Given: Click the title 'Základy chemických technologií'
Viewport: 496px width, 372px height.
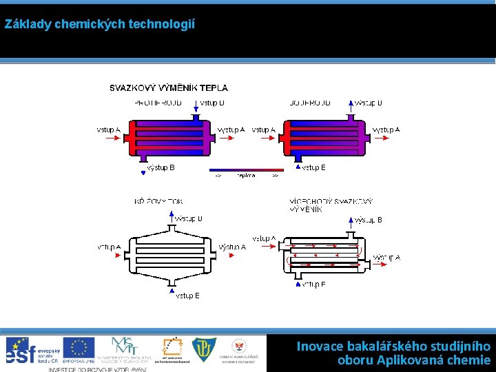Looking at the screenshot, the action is point(100,24).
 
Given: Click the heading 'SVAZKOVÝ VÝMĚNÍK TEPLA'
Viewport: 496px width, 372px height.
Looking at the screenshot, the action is point(169,88).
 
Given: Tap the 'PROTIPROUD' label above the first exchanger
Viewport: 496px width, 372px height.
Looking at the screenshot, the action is point(158,103).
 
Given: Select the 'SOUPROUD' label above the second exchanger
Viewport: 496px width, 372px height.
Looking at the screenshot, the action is point(311,103).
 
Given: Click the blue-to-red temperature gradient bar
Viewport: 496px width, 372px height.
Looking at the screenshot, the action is point(246,169).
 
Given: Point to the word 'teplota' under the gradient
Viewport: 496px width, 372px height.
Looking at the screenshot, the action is point(246,176).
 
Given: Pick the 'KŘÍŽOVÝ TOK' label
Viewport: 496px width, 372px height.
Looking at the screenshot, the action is point(159,202).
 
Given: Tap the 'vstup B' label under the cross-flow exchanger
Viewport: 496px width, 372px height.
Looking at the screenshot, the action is point(187,296).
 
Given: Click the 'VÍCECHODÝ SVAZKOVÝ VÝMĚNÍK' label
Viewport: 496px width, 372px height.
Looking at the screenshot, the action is point(331,205).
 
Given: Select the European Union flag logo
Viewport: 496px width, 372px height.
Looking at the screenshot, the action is point(79,348).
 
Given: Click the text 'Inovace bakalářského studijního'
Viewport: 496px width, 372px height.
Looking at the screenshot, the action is point(393,346).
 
